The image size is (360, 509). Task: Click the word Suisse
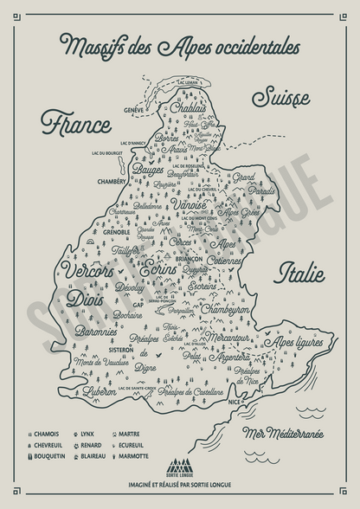click(x=284, y=98)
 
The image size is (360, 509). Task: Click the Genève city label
click(x=133, y=110)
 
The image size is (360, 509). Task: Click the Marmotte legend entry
click(x=135, y=455)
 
